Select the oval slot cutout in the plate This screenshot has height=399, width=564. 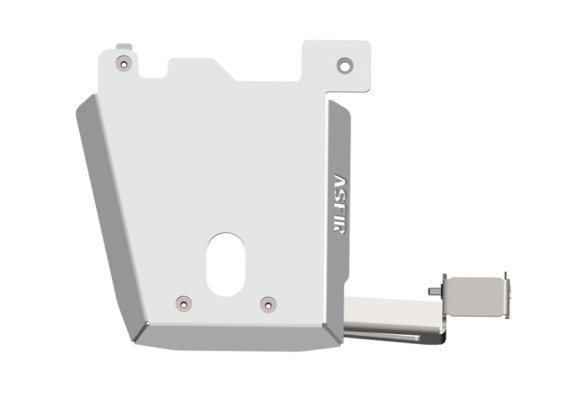[226, 264]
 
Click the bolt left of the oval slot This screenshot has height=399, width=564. [183, 304]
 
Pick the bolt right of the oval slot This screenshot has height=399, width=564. [268, 305]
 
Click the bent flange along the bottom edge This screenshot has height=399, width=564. [233, 336]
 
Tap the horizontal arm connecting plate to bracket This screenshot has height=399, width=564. [391, 310]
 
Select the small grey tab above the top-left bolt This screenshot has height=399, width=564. [125, 47]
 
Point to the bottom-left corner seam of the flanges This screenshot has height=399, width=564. [140, 331]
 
